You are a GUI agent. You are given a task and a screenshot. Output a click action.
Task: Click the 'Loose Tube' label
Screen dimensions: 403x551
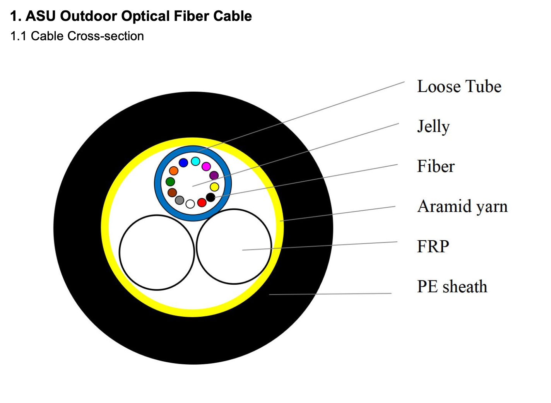tap(459, 87)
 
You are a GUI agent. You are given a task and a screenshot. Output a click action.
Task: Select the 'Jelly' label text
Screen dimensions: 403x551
tap(433, 126)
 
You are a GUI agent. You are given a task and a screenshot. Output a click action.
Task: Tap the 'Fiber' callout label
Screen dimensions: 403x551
tap(436, 166)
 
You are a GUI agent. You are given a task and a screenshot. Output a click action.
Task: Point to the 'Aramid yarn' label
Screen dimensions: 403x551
tap(462, 207)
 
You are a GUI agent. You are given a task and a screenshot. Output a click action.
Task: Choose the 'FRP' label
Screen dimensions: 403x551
tap(433, 246)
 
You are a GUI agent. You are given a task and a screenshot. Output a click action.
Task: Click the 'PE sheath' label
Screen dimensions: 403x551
tap(452, 287)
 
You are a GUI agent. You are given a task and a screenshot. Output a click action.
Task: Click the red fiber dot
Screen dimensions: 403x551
tap(202, 202)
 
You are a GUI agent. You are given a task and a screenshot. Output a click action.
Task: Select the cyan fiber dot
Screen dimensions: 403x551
tap(195, 161)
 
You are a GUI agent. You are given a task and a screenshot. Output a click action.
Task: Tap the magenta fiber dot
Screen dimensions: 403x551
tap(206, 167)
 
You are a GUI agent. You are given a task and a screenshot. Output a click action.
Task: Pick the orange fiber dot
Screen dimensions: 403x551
tap(174, 171)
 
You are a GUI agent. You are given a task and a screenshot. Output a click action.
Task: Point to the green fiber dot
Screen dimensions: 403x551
tap(170, 181)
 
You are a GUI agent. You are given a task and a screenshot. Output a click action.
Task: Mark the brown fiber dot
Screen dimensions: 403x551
tap(172, 192)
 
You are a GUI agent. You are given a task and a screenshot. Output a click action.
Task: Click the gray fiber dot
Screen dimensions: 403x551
tap(180, 200)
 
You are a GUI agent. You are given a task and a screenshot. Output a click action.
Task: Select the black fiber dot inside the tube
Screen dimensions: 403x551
tap(210, 197)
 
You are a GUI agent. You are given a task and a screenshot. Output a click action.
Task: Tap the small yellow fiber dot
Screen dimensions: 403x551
tap(214, 187)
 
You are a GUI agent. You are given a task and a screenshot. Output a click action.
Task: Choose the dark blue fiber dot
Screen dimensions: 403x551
tap(183, 163)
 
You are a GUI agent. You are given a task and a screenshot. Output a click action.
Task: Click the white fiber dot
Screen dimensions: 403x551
tap(190, 204)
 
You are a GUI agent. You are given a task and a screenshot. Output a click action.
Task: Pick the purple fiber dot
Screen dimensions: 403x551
tap(214, 176)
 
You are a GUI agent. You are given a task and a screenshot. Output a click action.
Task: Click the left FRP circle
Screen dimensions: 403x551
tap(157, 252)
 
